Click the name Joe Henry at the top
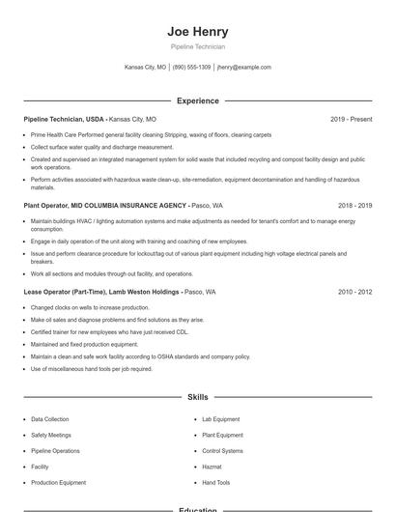197,31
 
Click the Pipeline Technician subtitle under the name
197,46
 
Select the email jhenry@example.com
243,68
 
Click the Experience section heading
197,100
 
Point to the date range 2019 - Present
351,119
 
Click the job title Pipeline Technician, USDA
64,119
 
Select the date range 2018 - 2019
354,205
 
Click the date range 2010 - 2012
354,291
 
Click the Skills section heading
197,397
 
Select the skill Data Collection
50,419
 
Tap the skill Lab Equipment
220,419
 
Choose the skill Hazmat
212,467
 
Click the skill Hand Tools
215,482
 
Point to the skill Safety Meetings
52,435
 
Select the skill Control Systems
222,450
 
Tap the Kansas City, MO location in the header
145,68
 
